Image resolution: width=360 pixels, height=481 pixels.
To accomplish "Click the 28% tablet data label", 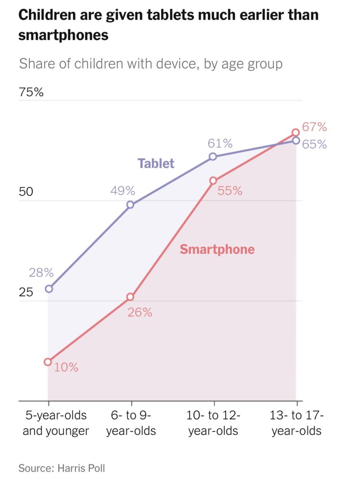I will pyautogui.click(x=41, y=273).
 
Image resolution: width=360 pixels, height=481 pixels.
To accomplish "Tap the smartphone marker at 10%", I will pyautogui.click(x=48, y=362).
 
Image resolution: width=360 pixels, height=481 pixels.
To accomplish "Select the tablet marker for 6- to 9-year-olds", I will pyautogui.click(x=130, y=205).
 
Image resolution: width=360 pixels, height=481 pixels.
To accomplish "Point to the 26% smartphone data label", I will pyautogui.click(x=140, y=312).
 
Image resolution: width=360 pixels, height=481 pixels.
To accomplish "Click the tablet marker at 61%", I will pyautogui.click(x=213, y=156).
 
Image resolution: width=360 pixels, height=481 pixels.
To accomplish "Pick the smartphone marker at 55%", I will pyautogui.click(x=213, y=180).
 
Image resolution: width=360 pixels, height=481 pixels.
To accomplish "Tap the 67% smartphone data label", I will pyautogui.click(x=314, y=127).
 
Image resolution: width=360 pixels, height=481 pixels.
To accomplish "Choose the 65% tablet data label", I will pyautogui.click(x=314, y=144).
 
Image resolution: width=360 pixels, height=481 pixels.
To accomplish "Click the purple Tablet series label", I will pyautogui.click(x=156, y=163).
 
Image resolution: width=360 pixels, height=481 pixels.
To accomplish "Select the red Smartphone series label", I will pyautogui.click(x=217, y=249).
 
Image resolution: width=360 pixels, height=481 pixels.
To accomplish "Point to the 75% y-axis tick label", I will pyautogui.click(x=31, y=92).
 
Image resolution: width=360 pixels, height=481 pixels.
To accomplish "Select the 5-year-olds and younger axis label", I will pyautogui.click(x=55, y=423).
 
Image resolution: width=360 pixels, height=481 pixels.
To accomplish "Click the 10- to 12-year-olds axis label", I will pyautogui.click(x=214, y=423).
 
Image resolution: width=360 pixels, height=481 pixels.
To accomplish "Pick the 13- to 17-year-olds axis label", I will pyautogui.click(x=297, y=423).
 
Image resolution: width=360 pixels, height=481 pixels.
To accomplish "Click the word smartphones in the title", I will pyautogui.click(x=63, y=35).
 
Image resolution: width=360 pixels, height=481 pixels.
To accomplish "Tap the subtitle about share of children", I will pyautogui.click(x=151, y=63).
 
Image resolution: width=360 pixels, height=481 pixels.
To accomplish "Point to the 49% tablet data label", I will pyautogui.click(x=123, y=191).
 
